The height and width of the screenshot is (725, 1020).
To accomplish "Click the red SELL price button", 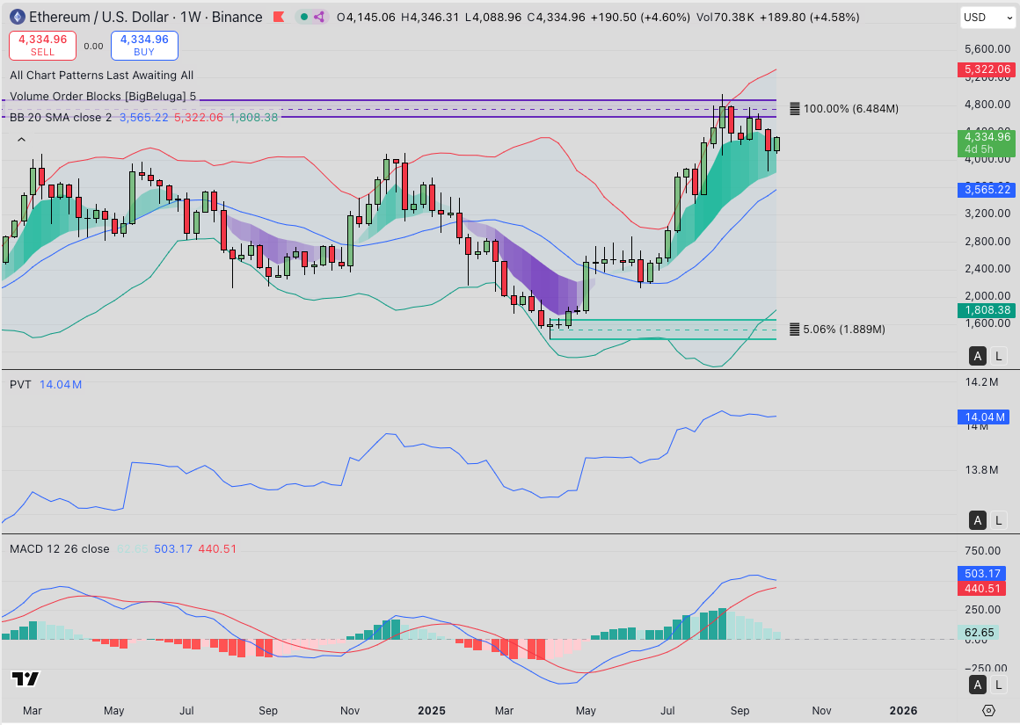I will tap(42, 45).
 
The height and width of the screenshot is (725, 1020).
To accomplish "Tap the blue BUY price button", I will tap(144, 45).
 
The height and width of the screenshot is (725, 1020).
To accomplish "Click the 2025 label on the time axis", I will tap(433, 710).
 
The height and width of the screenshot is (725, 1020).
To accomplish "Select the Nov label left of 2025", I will tap(349, 710).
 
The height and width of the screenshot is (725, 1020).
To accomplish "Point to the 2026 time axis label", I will tap(903, 710).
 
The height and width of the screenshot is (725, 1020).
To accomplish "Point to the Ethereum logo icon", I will tap(17, 17).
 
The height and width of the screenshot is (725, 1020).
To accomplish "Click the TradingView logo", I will tap(25, 678).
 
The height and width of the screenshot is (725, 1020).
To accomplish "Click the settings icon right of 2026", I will tap(989, 710).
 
